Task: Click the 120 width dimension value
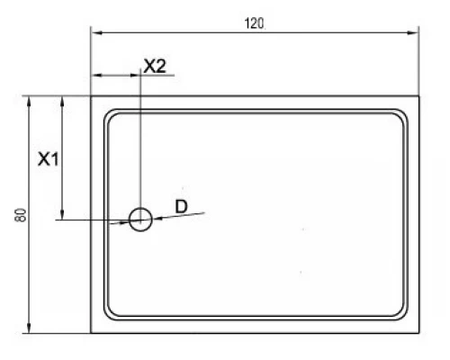[254, 23]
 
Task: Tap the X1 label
[48, 159]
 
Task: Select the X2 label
[155, 66]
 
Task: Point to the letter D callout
[181, 207]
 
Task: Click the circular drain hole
[140, 218]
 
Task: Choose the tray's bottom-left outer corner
[91, 333]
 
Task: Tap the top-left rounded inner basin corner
[112, 115]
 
